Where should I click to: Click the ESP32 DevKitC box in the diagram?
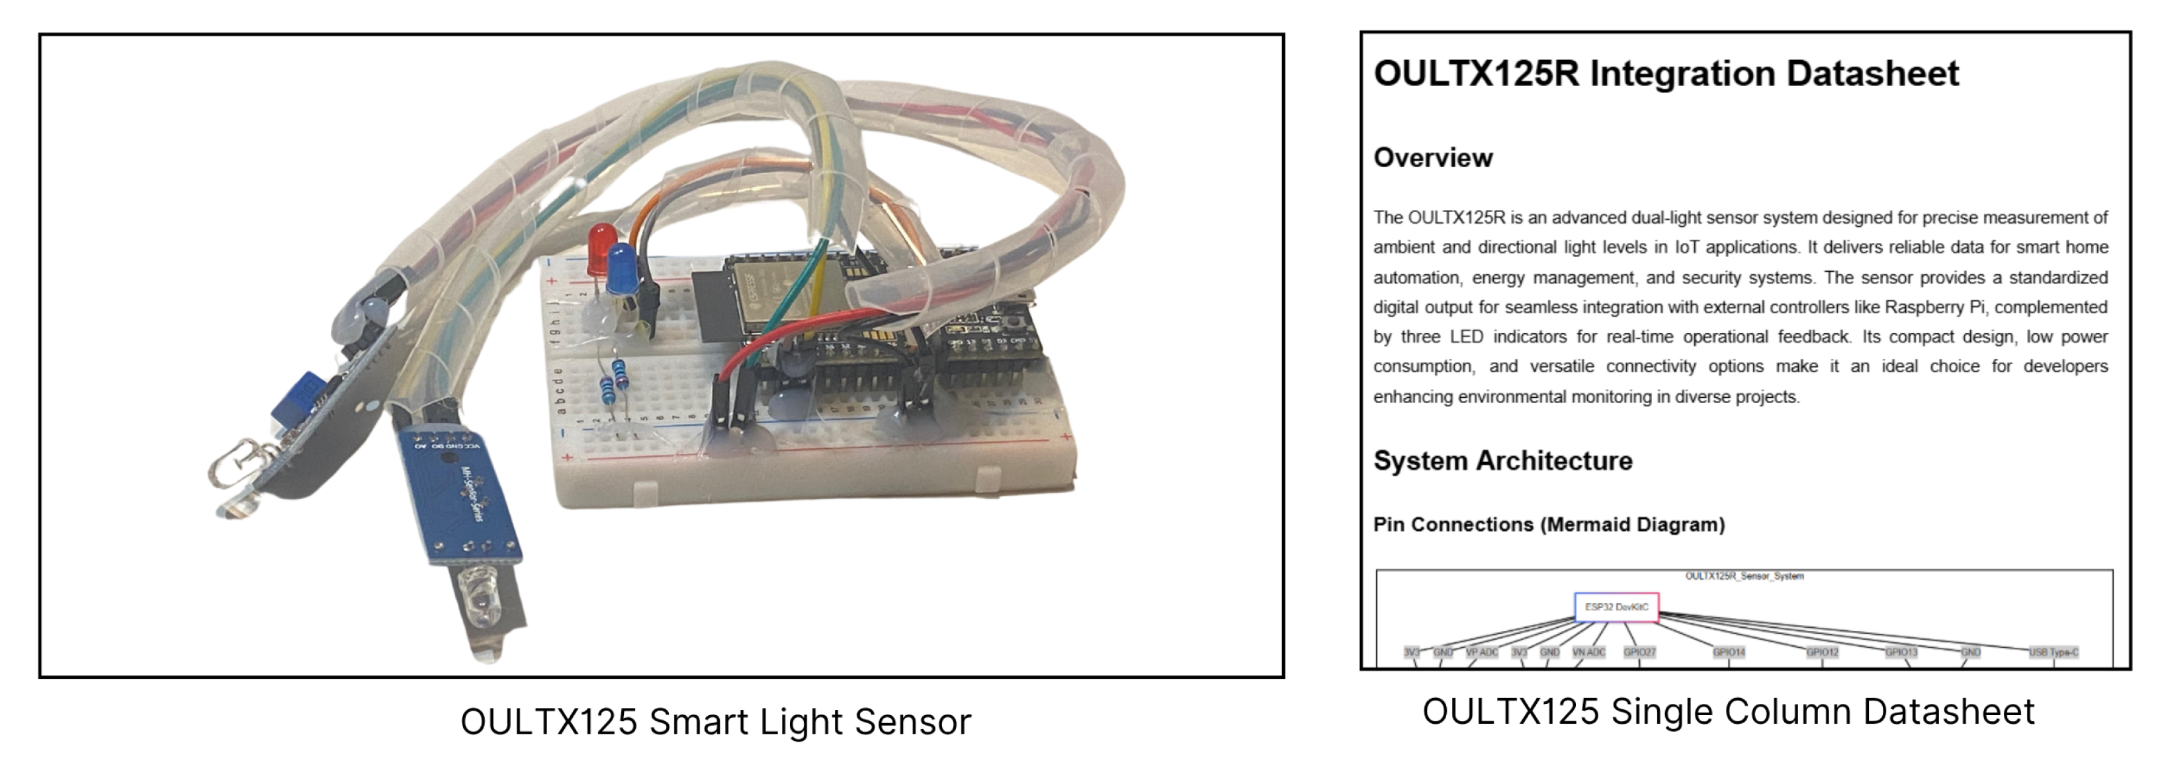click(x=1616, y=607)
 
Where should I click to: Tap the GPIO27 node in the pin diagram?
click(x=1639, y=652)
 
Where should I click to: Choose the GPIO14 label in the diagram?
click(x=1728, y=652)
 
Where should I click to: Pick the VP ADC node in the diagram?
click(x=1482, y=652)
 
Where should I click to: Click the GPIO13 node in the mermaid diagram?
click(x=1901, y=652)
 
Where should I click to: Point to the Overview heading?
click(x=1432, y=157)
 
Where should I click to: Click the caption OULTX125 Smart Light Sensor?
click(x=715, y=722)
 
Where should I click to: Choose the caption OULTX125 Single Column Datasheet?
click(x=1727, y=712)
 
